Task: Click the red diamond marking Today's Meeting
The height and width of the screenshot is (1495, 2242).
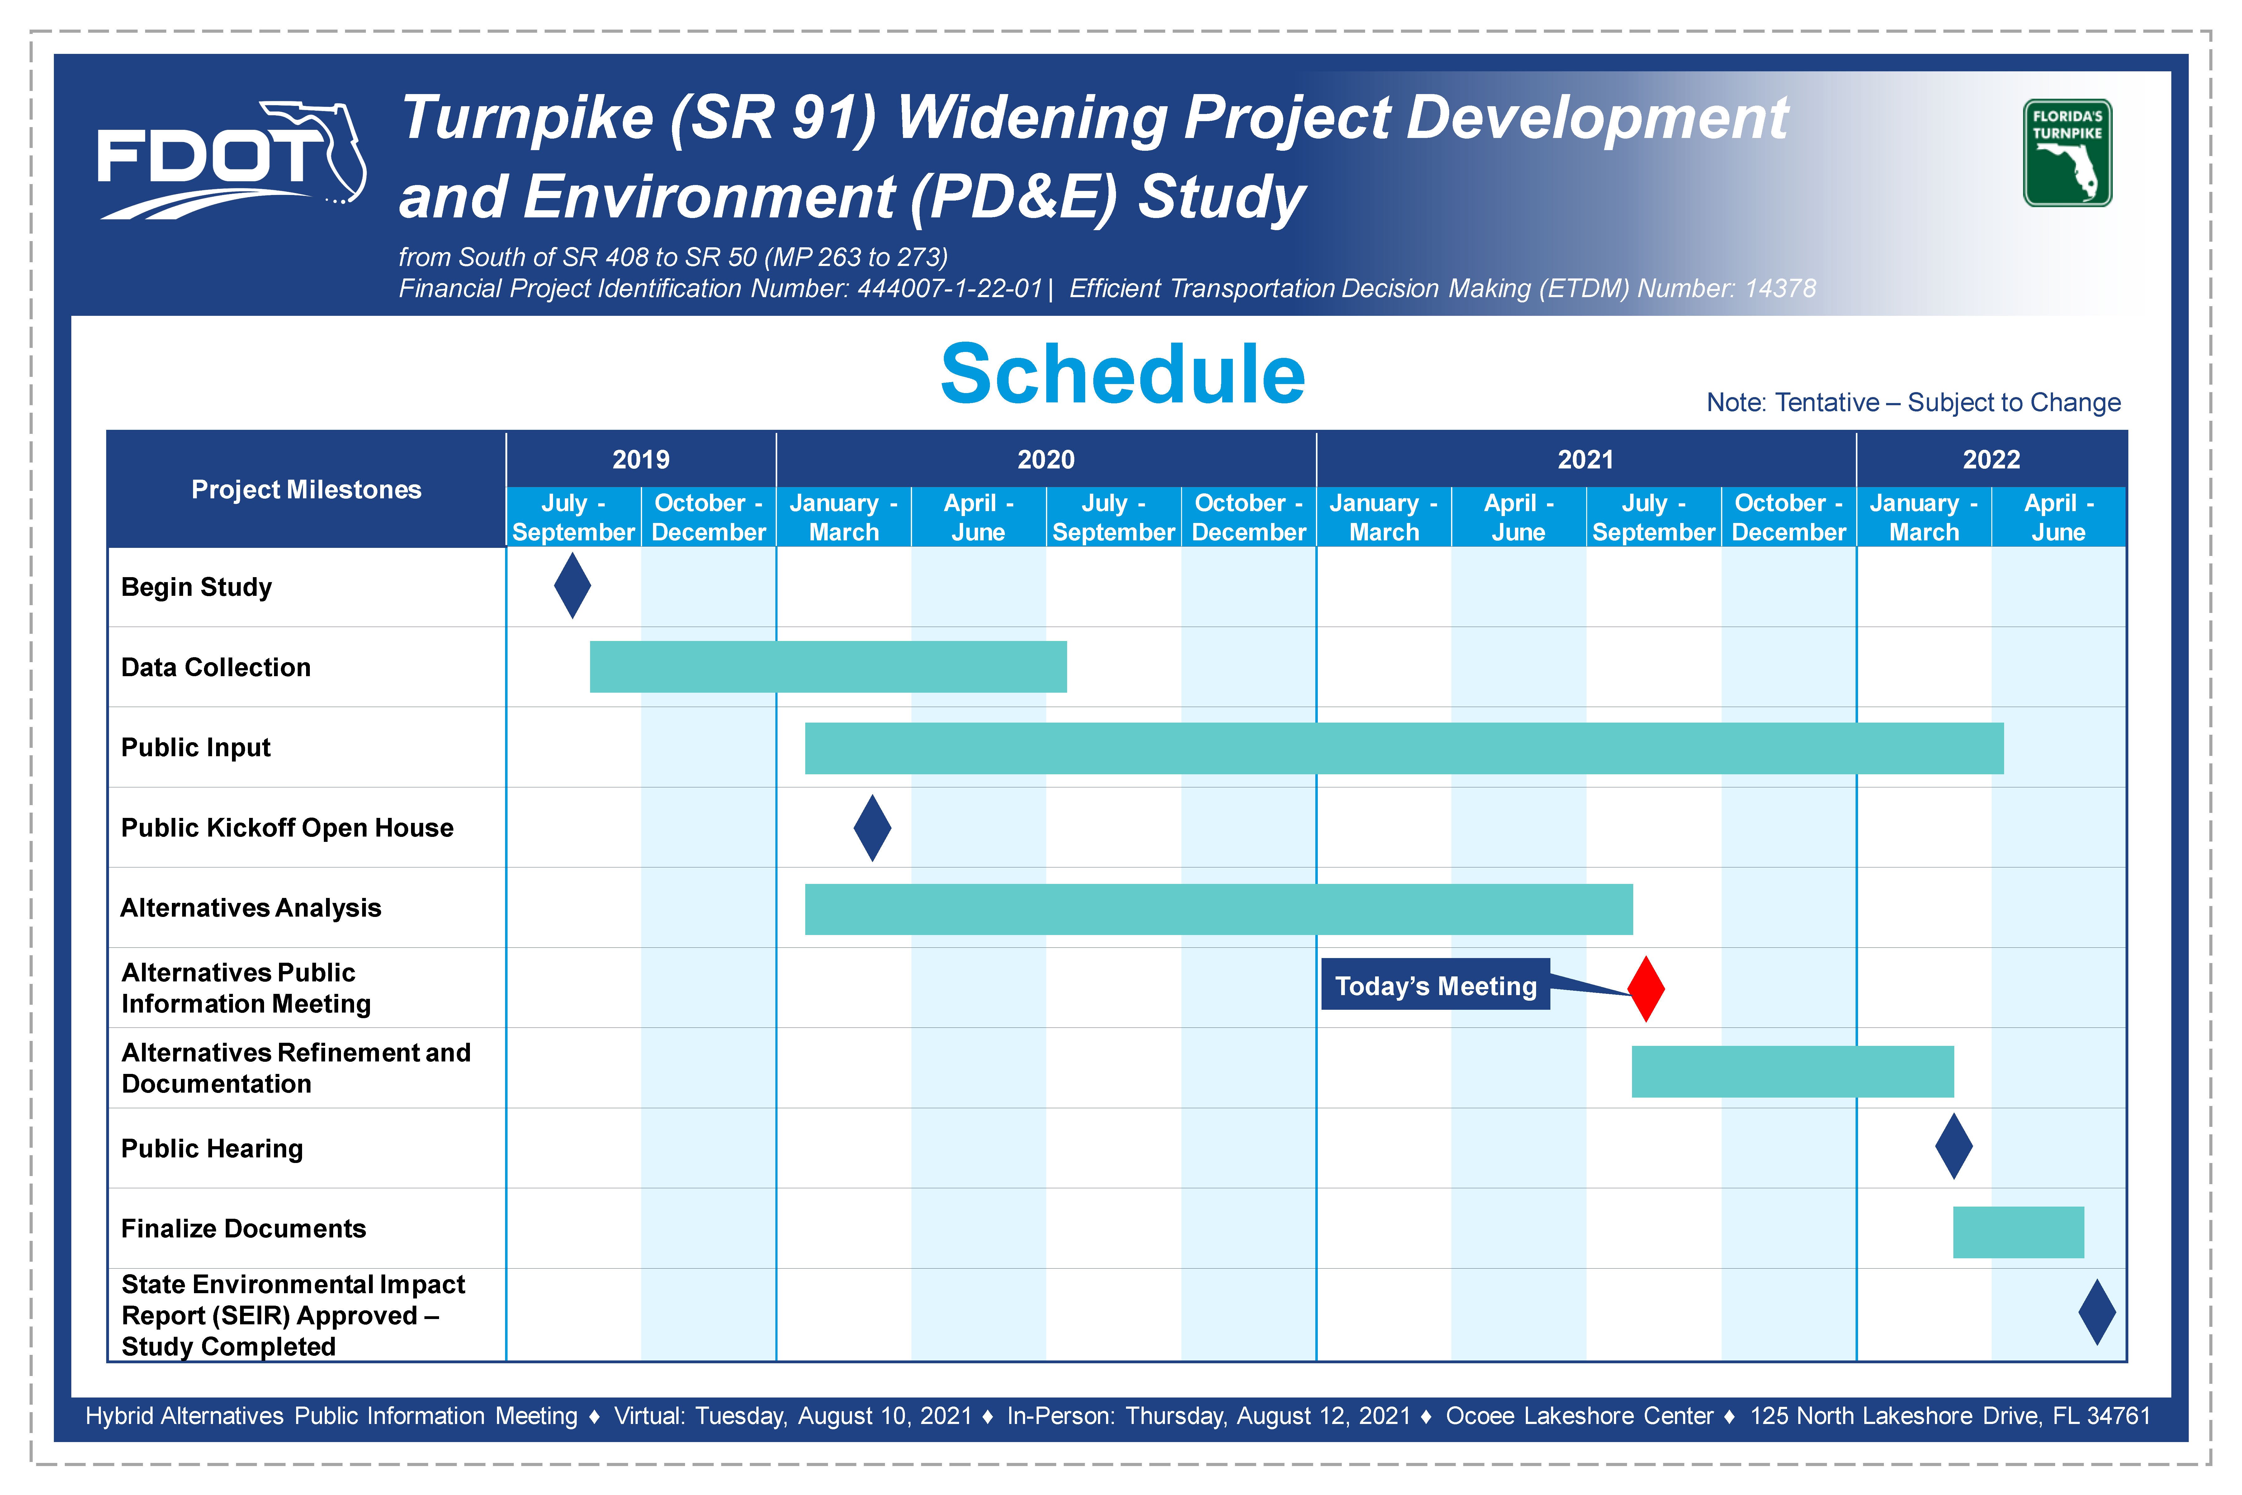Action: pos(1646,989)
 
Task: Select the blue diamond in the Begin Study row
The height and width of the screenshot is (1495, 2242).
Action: pos(572,586)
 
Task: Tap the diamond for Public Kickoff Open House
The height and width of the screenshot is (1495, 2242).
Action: pos(872,828)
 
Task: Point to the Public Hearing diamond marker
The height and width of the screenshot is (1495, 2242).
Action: pos(1953,1146)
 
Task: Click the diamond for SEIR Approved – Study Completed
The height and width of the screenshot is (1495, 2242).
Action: pos(2097,1312)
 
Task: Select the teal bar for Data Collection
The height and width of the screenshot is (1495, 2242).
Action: pos(828,667)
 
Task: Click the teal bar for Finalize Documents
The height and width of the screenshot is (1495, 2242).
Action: pos(2018,1232)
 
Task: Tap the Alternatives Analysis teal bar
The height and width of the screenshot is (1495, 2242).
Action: pos(1218,909)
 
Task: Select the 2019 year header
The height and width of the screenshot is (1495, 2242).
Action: pos(641,460)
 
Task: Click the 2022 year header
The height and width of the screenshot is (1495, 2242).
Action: pos(1991,460)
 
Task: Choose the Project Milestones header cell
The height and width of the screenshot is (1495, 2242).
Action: pos(306,489)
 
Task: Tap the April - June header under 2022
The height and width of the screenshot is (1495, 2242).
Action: pos(2059,517)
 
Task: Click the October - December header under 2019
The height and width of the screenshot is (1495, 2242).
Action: pos(708,517)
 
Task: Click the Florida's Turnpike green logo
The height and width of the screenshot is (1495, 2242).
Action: pos(2068,153)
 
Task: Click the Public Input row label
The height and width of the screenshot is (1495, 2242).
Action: pos(196,747)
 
